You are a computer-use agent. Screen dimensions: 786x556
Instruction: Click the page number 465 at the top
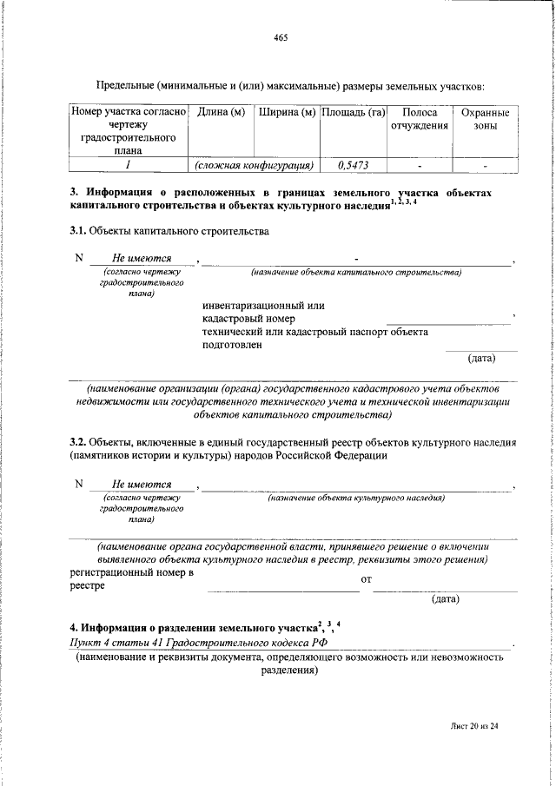pyautogui.click(x=280, y=37)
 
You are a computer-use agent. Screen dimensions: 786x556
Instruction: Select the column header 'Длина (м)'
pyautogui.click(x=221, y=113)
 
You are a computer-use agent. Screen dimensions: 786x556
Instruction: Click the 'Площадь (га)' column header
pyautogui.click(x=353, y=113)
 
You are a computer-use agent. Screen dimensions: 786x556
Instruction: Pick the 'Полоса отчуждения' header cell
pyautogui.click(x=420, y=119)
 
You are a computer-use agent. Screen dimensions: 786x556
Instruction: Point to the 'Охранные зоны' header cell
pyautogui.click(x=485, y=119)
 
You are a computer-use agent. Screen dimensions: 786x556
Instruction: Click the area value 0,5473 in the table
pyautogui.click(x=353, y=163)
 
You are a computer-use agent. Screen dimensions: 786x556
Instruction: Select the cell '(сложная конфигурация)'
pyautogui.click(x=254, y=163)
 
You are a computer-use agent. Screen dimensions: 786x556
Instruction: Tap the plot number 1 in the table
pyautogui.click(x=128, y=163)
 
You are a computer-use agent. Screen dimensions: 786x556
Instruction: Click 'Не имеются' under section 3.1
pyautogui.click(x=142, y=258)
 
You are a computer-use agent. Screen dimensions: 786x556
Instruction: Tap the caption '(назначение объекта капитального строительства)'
pyautogui.click(x=356, y=273)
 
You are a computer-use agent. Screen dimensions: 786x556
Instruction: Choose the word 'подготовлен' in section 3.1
pyautogui.click(x=232, y=345)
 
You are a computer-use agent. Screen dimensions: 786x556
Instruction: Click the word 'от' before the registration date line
pyautogui.click(x=366, y=579)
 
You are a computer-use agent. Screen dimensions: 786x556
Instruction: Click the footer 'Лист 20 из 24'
pyautogui.click(x=474, y=751)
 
